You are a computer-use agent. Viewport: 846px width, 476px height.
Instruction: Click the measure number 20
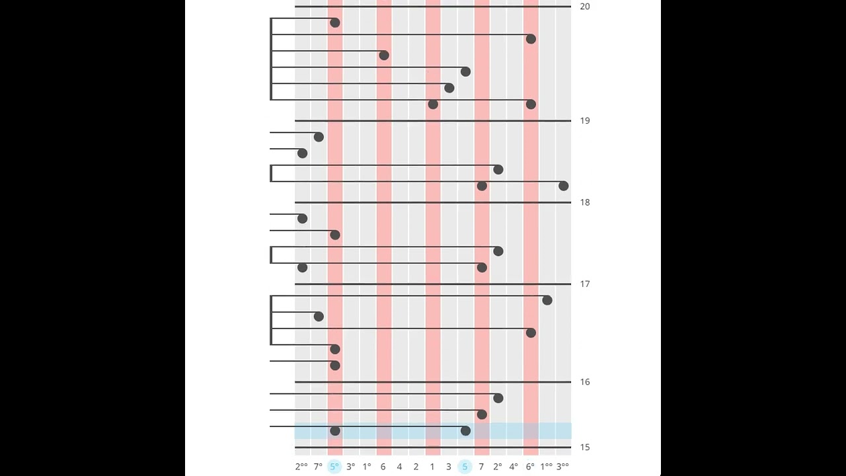[584, 7]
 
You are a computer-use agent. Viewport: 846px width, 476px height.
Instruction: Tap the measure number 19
[584, 121]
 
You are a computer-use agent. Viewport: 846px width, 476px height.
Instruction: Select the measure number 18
[584, 202]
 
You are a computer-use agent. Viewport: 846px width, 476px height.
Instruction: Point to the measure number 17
[584, 284]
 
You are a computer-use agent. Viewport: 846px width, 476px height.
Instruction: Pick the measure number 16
[584, 382]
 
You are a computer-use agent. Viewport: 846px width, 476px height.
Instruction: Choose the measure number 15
[584, 448]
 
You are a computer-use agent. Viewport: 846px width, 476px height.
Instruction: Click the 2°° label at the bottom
[301, 467]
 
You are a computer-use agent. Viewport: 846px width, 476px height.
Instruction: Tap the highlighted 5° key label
[334, 467]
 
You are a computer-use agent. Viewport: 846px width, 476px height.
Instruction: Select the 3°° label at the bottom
[562, 467]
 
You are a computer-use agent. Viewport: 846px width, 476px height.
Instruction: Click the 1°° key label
[547, 467]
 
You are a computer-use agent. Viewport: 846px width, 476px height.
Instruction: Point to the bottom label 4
[399, 467]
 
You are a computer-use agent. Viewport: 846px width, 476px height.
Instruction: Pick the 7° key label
[318, 467]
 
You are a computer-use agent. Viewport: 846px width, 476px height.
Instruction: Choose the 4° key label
[514, 467]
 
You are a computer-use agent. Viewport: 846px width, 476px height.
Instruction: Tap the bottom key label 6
[383, 467]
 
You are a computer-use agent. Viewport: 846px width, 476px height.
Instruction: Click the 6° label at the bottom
[530, 467]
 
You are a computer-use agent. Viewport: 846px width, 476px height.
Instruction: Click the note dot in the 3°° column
[563, 186]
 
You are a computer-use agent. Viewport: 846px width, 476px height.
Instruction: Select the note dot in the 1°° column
[547, 301]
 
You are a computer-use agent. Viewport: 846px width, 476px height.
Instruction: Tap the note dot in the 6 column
[384, 56]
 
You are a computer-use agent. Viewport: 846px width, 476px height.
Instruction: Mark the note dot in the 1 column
[433, 104]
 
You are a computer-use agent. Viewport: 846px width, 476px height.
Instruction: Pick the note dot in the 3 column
[449, 88]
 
